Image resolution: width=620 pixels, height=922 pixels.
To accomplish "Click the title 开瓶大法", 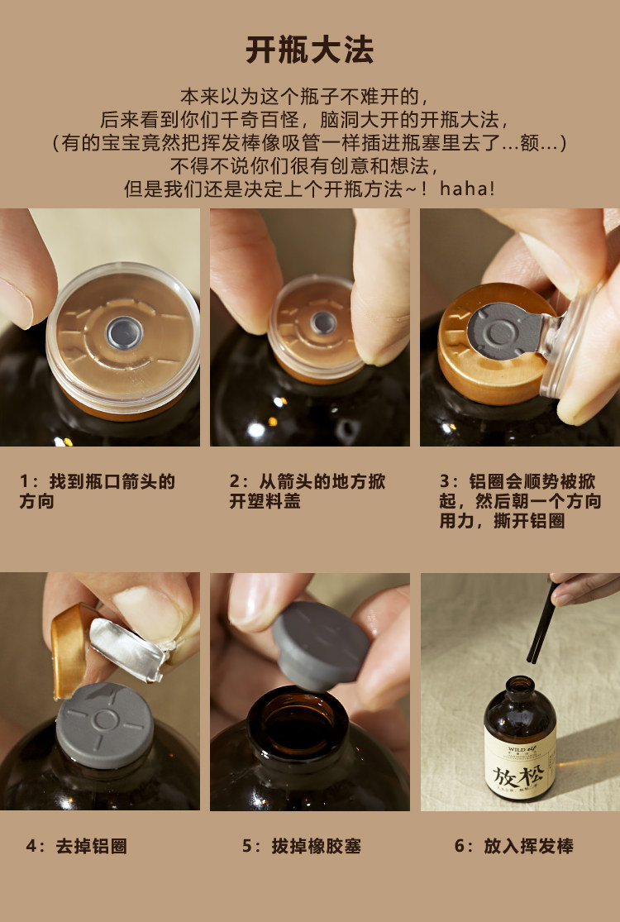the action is [310, 50].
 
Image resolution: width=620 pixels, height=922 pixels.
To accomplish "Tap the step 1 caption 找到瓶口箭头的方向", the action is [98, 491].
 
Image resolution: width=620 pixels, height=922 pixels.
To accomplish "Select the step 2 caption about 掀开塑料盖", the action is [307, 491].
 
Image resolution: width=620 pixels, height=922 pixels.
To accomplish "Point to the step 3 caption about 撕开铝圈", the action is [520, 501].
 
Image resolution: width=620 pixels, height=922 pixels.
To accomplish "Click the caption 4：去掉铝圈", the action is [76, 846].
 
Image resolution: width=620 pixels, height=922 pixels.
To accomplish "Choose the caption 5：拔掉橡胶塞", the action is [302, 846].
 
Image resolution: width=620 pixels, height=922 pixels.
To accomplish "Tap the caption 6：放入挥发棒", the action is [513, 846].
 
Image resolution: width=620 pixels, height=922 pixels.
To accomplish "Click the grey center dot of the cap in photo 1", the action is [123, 332].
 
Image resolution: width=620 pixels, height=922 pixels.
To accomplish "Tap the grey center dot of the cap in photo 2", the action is [324, 322].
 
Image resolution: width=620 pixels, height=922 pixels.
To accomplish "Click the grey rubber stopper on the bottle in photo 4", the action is [105, 724].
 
